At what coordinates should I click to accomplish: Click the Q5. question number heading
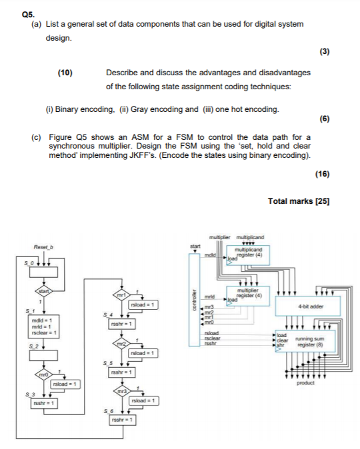point(27,13)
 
